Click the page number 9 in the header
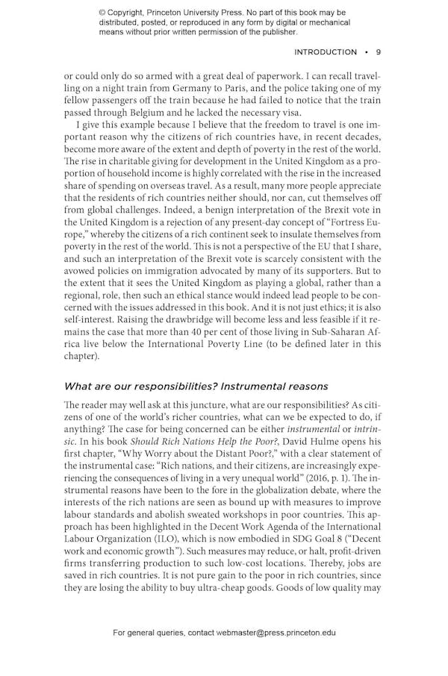(379, 52)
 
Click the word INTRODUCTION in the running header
(326, 52)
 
